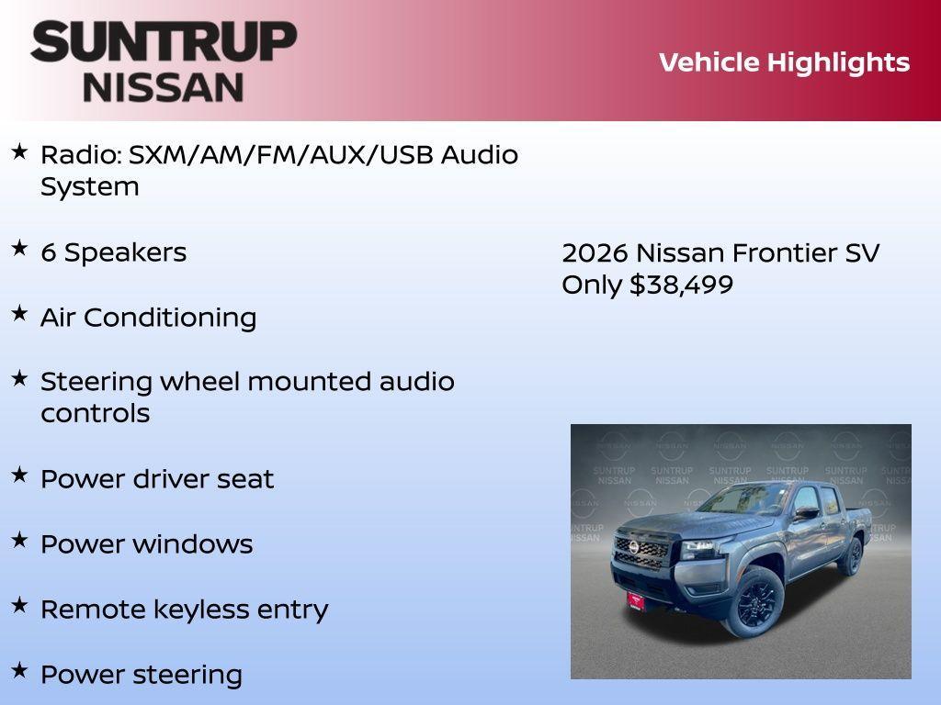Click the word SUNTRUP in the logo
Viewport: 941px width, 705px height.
click(164, 41)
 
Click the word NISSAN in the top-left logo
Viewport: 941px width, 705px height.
click(164, 86)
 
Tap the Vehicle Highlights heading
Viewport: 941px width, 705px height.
click(784, 62)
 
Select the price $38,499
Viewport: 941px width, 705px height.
click(681, 285)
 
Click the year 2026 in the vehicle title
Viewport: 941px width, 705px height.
click(595, 252)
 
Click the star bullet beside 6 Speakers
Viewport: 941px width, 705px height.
click(19, 248)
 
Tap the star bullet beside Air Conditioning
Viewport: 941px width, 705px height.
click(19, 313)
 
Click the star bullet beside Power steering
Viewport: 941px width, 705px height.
click(19, 670)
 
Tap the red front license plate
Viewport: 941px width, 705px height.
click(636, 600)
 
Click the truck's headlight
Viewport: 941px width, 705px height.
click(694, 549)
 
